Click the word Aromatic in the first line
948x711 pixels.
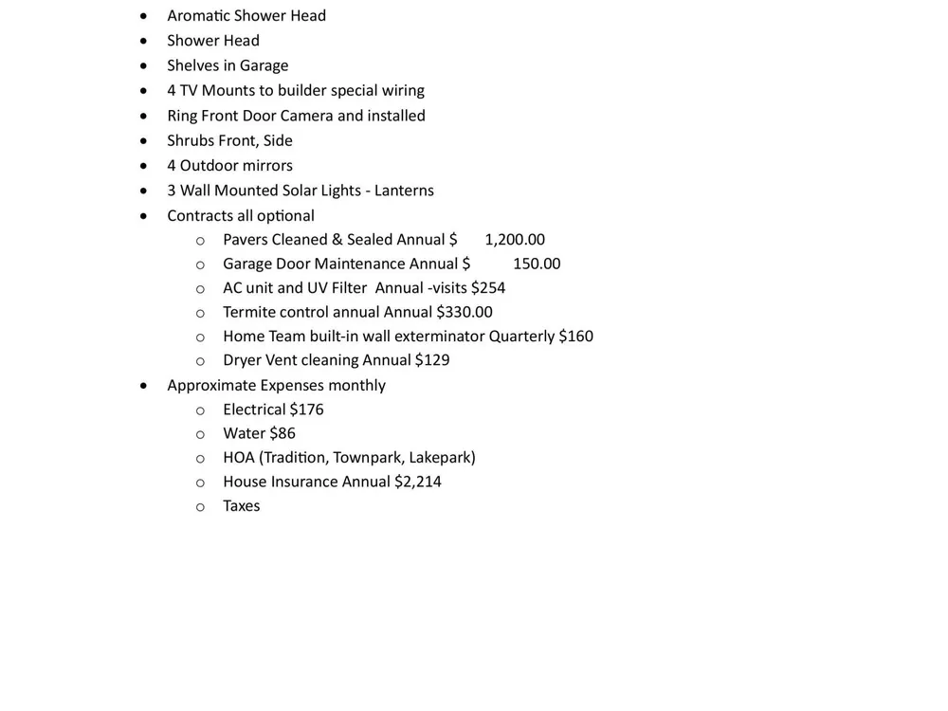[198, 15]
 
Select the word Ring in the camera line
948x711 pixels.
[181, 116]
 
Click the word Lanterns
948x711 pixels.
[404, 191]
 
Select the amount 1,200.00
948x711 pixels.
[515, 240]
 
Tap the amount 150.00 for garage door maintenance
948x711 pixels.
[537, 264]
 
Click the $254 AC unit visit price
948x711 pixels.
[488, 287]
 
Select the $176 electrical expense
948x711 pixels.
[306, 410]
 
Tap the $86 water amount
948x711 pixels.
[283, 433]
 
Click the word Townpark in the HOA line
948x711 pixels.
[368, 458]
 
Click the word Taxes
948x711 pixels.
[242, 506]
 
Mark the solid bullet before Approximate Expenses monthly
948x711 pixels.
[143, 385]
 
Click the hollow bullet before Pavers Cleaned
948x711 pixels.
[200, 241]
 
